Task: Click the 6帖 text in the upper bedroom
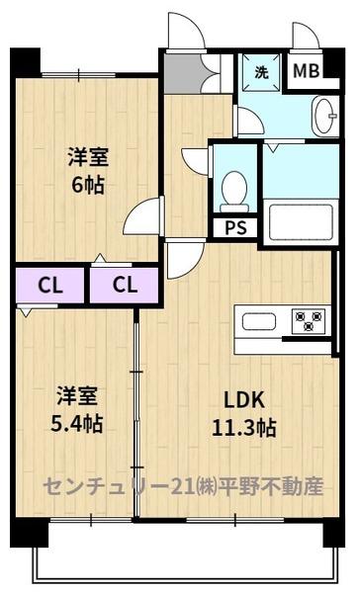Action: [87, 185]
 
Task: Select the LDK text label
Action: [241, 402]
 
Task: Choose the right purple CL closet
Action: [124, 286]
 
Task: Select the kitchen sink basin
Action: [260, 321]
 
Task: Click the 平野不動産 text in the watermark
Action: [282, 486]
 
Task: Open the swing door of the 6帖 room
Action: [144, 216]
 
